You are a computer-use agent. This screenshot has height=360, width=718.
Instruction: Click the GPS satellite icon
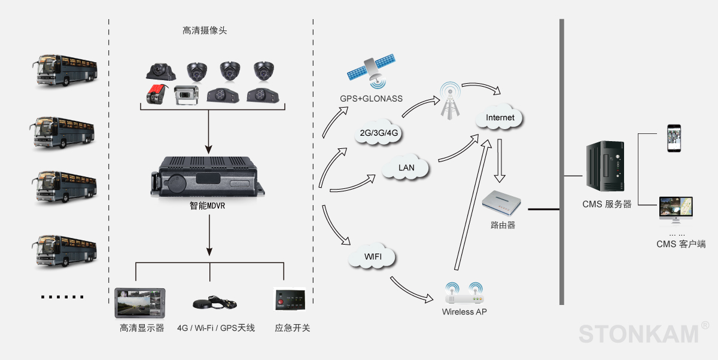[x=372, y=69]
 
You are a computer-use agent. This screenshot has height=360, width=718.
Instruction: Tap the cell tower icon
[x=449, y=100]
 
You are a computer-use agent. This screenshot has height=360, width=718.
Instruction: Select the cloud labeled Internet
[x=500, y=118]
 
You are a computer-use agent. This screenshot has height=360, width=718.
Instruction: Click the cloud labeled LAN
[x=406, y=167]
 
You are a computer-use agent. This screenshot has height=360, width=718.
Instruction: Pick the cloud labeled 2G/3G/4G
[x=379, y=133]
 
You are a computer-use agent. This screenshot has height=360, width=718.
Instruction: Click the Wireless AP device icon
[x=466, y=294]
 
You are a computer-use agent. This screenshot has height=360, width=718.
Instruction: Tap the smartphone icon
[x=674, y=138]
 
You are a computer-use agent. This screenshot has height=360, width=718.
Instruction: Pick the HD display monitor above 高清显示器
[x=139, y=304]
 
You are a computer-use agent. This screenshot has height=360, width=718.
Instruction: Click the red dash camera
[x=157, y=94]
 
